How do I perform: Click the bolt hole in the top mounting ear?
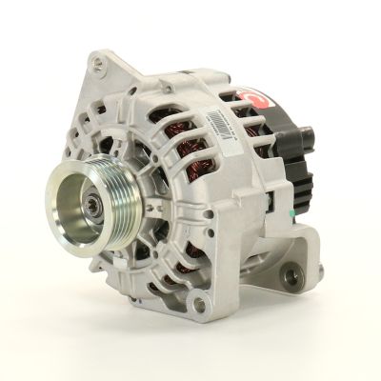tap(99, 64)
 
